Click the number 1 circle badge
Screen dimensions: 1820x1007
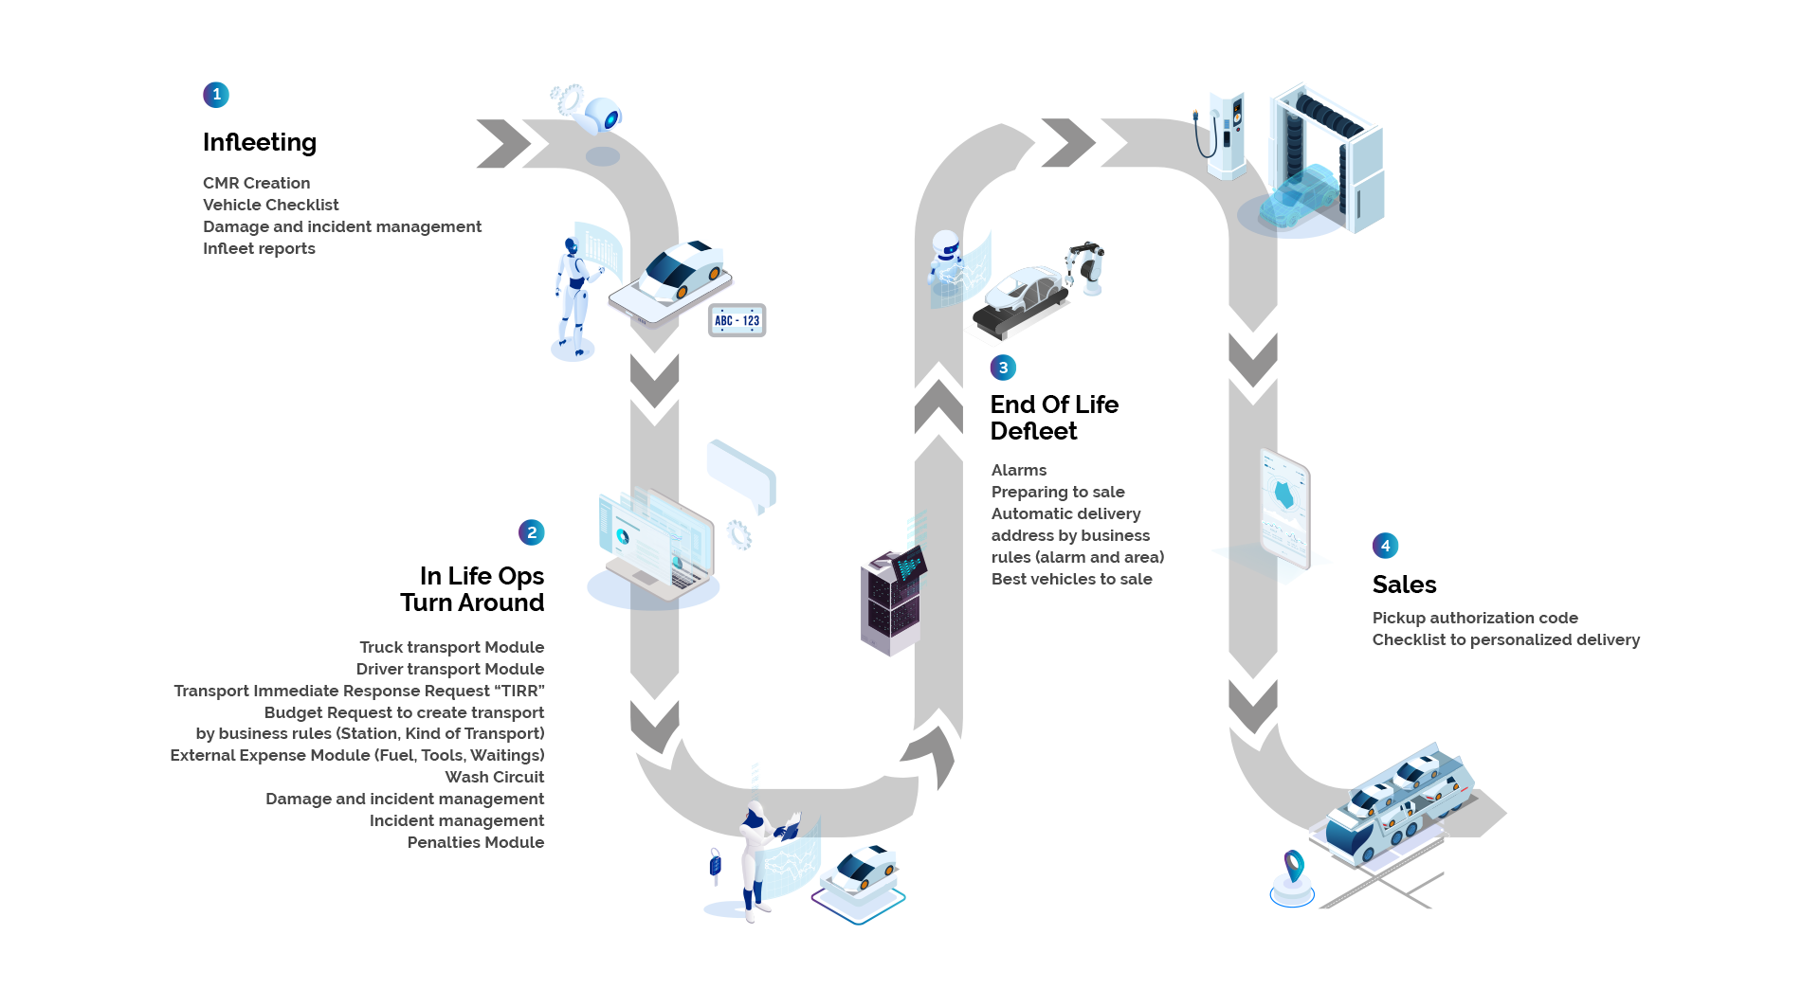[x=216, y=95]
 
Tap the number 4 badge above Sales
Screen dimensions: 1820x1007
[x=1385, y=546]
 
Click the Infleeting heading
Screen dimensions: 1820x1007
[x=260, y=142]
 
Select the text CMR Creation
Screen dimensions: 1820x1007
[x=256, y=183]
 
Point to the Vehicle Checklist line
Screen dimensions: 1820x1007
[x=270, y=205]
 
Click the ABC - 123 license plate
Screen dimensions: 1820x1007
[x=737, y=320]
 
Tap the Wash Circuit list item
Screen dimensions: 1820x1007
[x=495, y=777]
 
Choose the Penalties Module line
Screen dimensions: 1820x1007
[x=476, y=842]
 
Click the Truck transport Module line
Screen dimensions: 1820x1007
[x=452, y=647]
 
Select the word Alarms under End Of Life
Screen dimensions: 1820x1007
[x=1019, y=470]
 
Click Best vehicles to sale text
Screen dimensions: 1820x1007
[x=1072, y=579]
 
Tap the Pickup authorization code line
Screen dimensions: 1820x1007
[x=1475, y=618]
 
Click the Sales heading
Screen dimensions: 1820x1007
[x=1404, y=584]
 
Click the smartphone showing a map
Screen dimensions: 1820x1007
[x=1284, y=509]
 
